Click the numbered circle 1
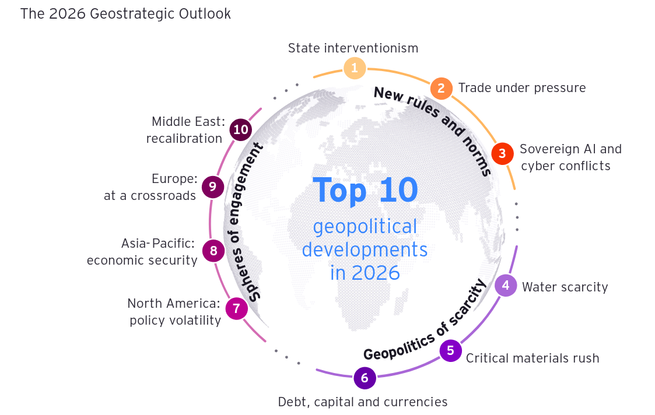pyautogui.click(x=354, y=68)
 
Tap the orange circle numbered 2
pyautogui.click(x=442, y=88)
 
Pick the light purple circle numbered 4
pyautogui.click(x=506, y=285)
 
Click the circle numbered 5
pyautogui.click(x=450, y=350)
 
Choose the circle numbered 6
pyautogui.click(x=365, y=378)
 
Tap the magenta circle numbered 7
pyautogui.click(x=236, y=308)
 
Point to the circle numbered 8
pyautogui.click(x=213, y=251)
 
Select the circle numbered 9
pyautogui.click(x=213, y=187)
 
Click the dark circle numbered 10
pyautogui.click(x=240, y=129)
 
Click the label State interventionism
pyautogui.click(x=353, y=48)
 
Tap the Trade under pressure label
pyautogui.click(x=522, y=88)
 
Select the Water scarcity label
pyautogui.click(x=565, y=287)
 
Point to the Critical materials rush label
pyautogui.click(x=533, y=358)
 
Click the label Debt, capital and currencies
pyautogui.click(x=363, y=402)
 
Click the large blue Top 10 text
pyautogui.click(x=365, y=189)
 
